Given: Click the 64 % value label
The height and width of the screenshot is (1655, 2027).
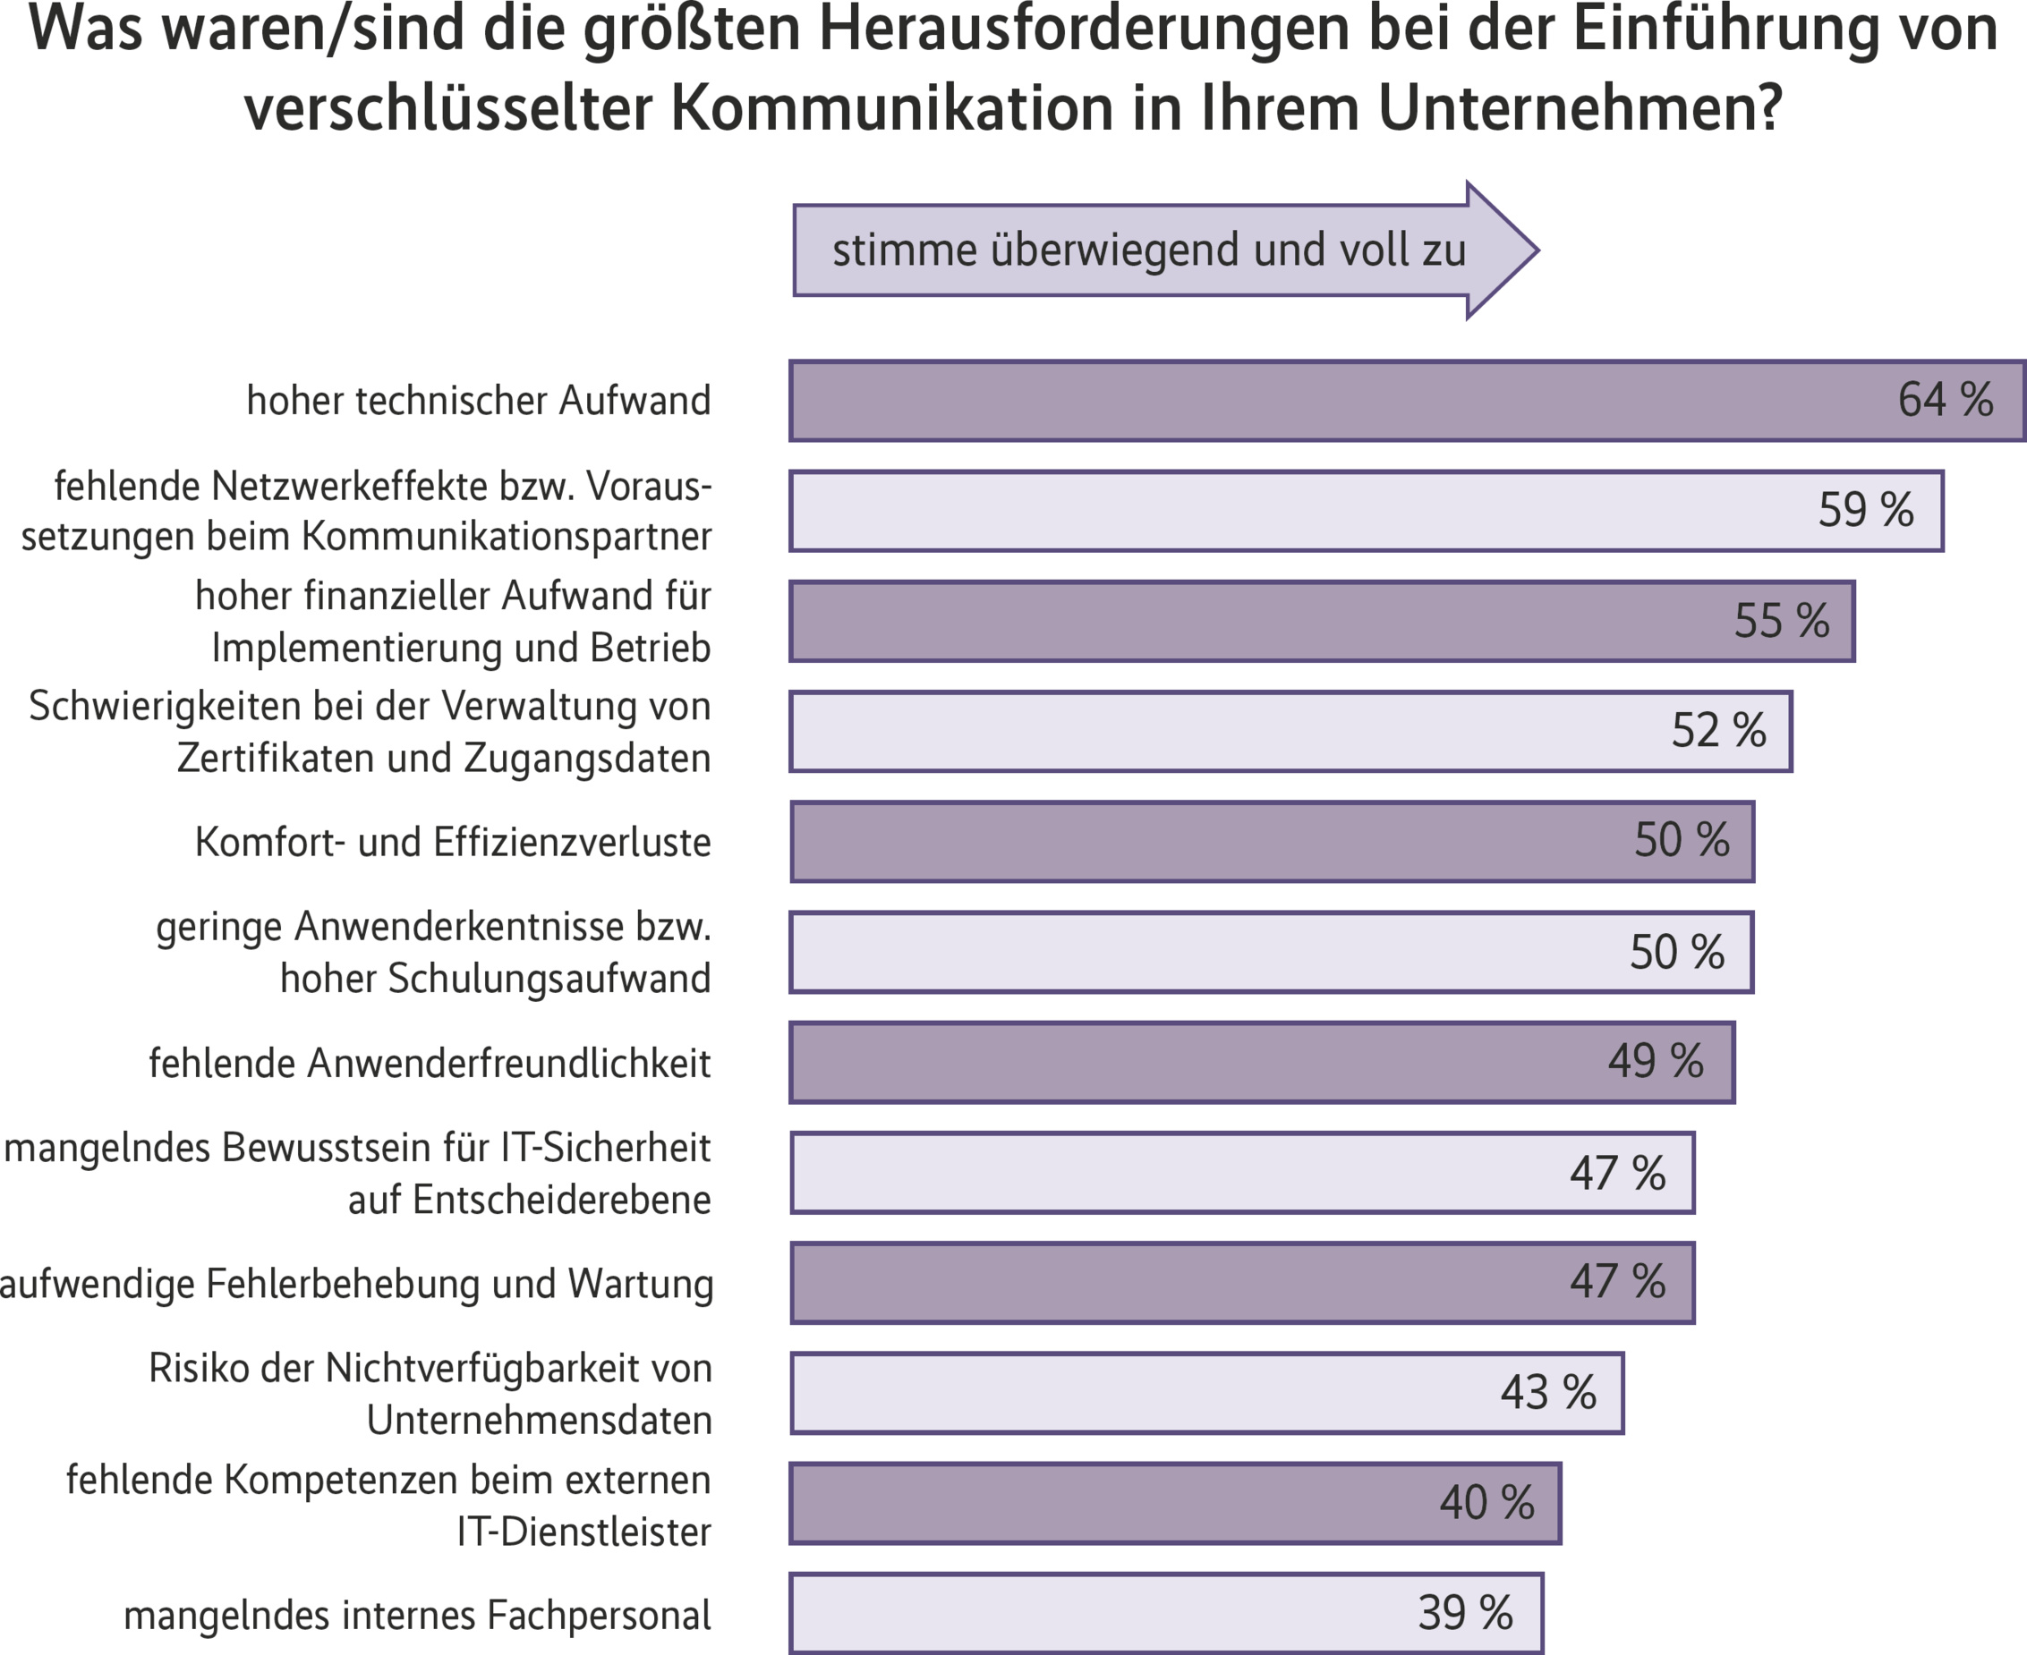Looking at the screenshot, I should (1944, 400).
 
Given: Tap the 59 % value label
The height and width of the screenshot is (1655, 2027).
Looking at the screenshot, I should (1865, 510).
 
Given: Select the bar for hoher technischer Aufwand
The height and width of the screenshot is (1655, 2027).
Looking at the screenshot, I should (1335, 401).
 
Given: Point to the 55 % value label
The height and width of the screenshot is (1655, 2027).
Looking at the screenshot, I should (1781, 621).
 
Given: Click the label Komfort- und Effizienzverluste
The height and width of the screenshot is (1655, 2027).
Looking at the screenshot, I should (453, 843).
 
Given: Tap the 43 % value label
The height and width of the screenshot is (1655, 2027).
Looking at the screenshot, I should (1547, 1393).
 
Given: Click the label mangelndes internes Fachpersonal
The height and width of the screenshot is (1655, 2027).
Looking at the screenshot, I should (418, 1615).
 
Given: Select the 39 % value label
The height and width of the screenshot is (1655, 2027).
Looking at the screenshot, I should (1464, 1613).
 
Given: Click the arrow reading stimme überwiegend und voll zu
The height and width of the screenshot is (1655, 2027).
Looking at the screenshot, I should (1149, 250).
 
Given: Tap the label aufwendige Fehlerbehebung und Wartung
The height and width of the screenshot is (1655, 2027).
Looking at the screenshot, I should (356, 1284).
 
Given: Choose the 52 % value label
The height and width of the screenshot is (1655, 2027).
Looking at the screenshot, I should (1718, 730).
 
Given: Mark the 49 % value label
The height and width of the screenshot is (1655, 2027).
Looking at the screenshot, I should (1656, 1061).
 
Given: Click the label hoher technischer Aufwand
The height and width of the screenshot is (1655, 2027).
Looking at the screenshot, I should (479, 401).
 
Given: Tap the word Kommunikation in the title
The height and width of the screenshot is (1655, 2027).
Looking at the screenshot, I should (892, 107).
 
